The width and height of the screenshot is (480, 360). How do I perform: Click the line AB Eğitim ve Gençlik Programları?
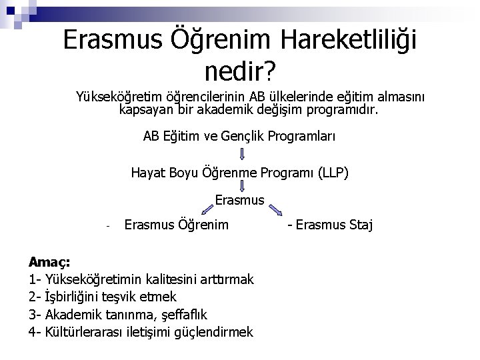tap(239, 136)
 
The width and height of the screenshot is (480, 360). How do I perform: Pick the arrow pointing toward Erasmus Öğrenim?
tap(201, 211)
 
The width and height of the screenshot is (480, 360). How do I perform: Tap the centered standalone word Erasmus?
tap(240, 199)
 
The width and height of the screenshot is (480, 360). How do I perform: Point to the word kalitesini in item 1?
tap(181, 279)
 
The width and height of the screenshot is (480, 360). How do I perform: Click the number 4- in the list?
tap(35, 331)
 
